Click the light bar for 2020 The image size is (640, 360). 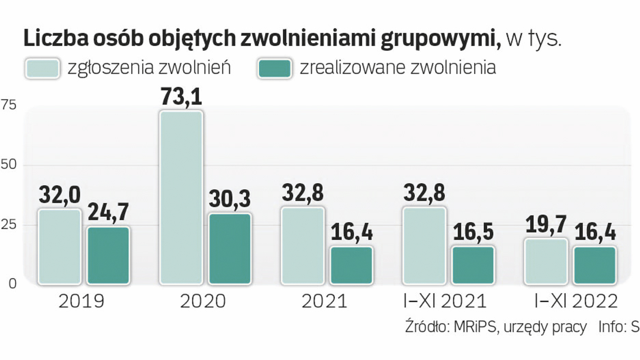pos(181,197)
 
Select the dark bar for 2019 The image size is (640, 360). pos(108,255)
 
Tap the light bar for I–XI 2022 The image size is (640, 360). pos(546,261)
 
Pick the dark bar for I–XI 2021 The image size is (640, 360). pos(473,265)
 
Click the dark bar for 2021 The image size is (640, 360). pos(351,265)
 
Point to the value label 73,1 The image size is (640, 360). pos(181,97)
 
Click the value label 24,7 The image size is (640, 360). pos(108,212)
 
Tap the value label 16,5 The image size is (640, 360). pos(473,232)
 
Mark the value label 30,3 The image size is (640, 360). pos(230,199)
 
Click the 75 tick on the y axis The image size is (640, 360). pos(8,105)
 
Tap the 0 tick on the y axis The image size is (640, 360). pos(12,284)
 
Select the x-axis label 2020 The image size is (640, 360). pos(203,301)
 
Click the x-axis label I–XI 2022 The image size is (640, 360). pos(576,301)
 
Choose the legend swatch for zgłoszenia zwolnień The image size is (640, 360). pos(42,69)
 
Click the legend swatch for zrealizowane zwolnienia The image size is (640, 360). pos(274,69)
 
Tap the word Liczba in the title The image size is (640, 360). pos(56,39)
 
